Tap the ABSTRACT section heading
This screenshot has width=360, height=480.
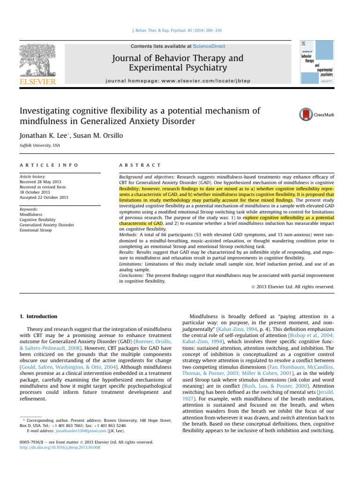pos(141,165)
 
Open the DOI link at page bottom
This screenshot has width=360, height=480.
pos(57,447)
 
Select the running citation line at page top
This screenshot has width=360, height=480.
pos(180,30)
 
